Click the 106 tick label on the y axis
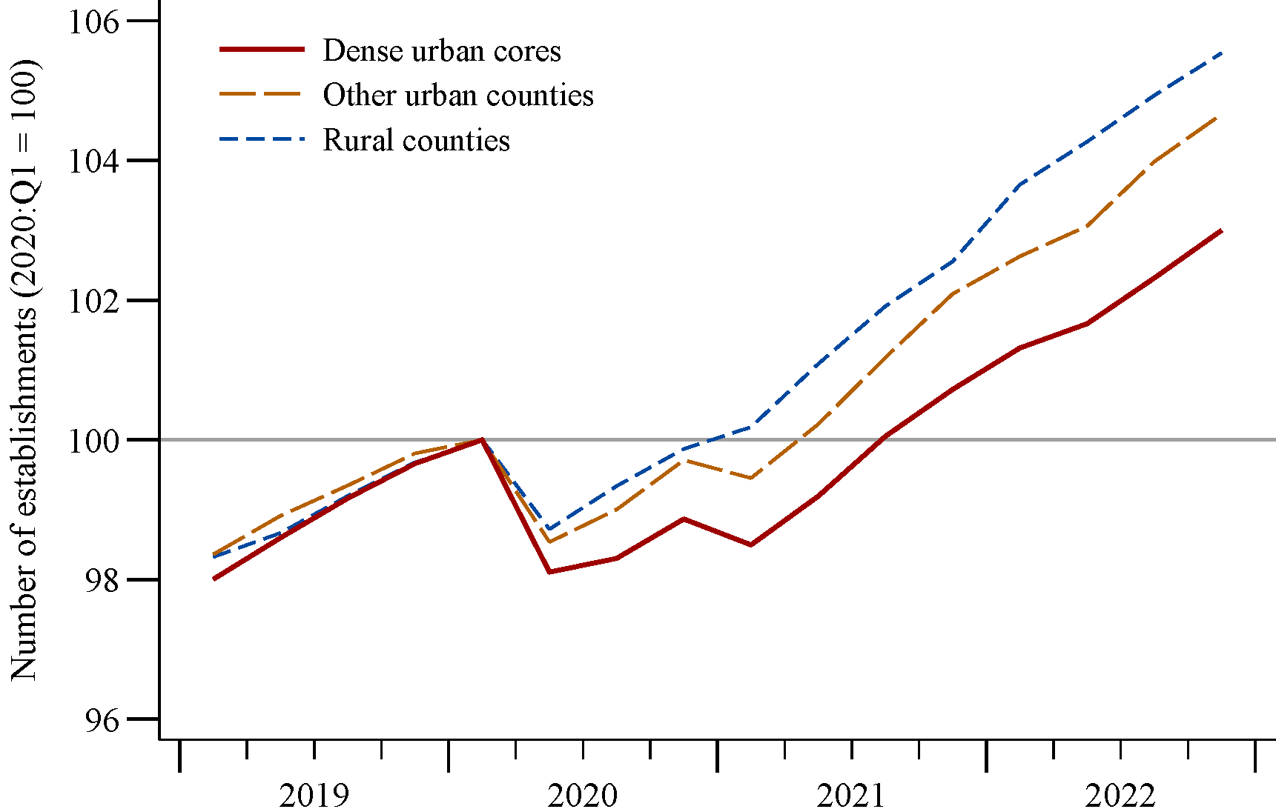[x=93, y=21]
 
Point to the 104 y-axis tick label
[x=93, y=161]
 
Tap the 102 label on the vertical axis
[x=93, y=301]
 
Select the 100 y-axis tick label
[x=93, y=440]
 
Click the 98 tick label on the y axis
[x=102, y=580]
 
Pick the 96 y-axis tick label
[x=102, y=719]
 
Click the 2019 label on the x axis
[x=314, y=796]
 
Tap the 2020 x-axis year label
[x=583, y=796]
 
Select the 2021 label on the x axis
[x=851, y=796]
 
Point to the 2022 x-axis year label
[x=1120, y=796]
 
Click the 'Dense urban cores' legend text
[x=442, y=50]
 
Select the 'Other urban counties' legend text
[x=458, y=96]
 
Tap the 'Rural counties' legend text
[x=417, y=141]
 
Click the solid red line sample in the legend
[x=262, y=50]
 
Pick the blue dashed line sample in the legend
[x=262, y=139]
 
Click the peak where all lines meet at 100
[x=482, y=439]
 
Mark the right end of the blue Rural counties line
[x=1221, y=53]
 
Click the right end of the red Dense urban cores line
[x=1221, y=230]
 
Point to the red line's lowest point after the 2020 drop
[x=549, y=572]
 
